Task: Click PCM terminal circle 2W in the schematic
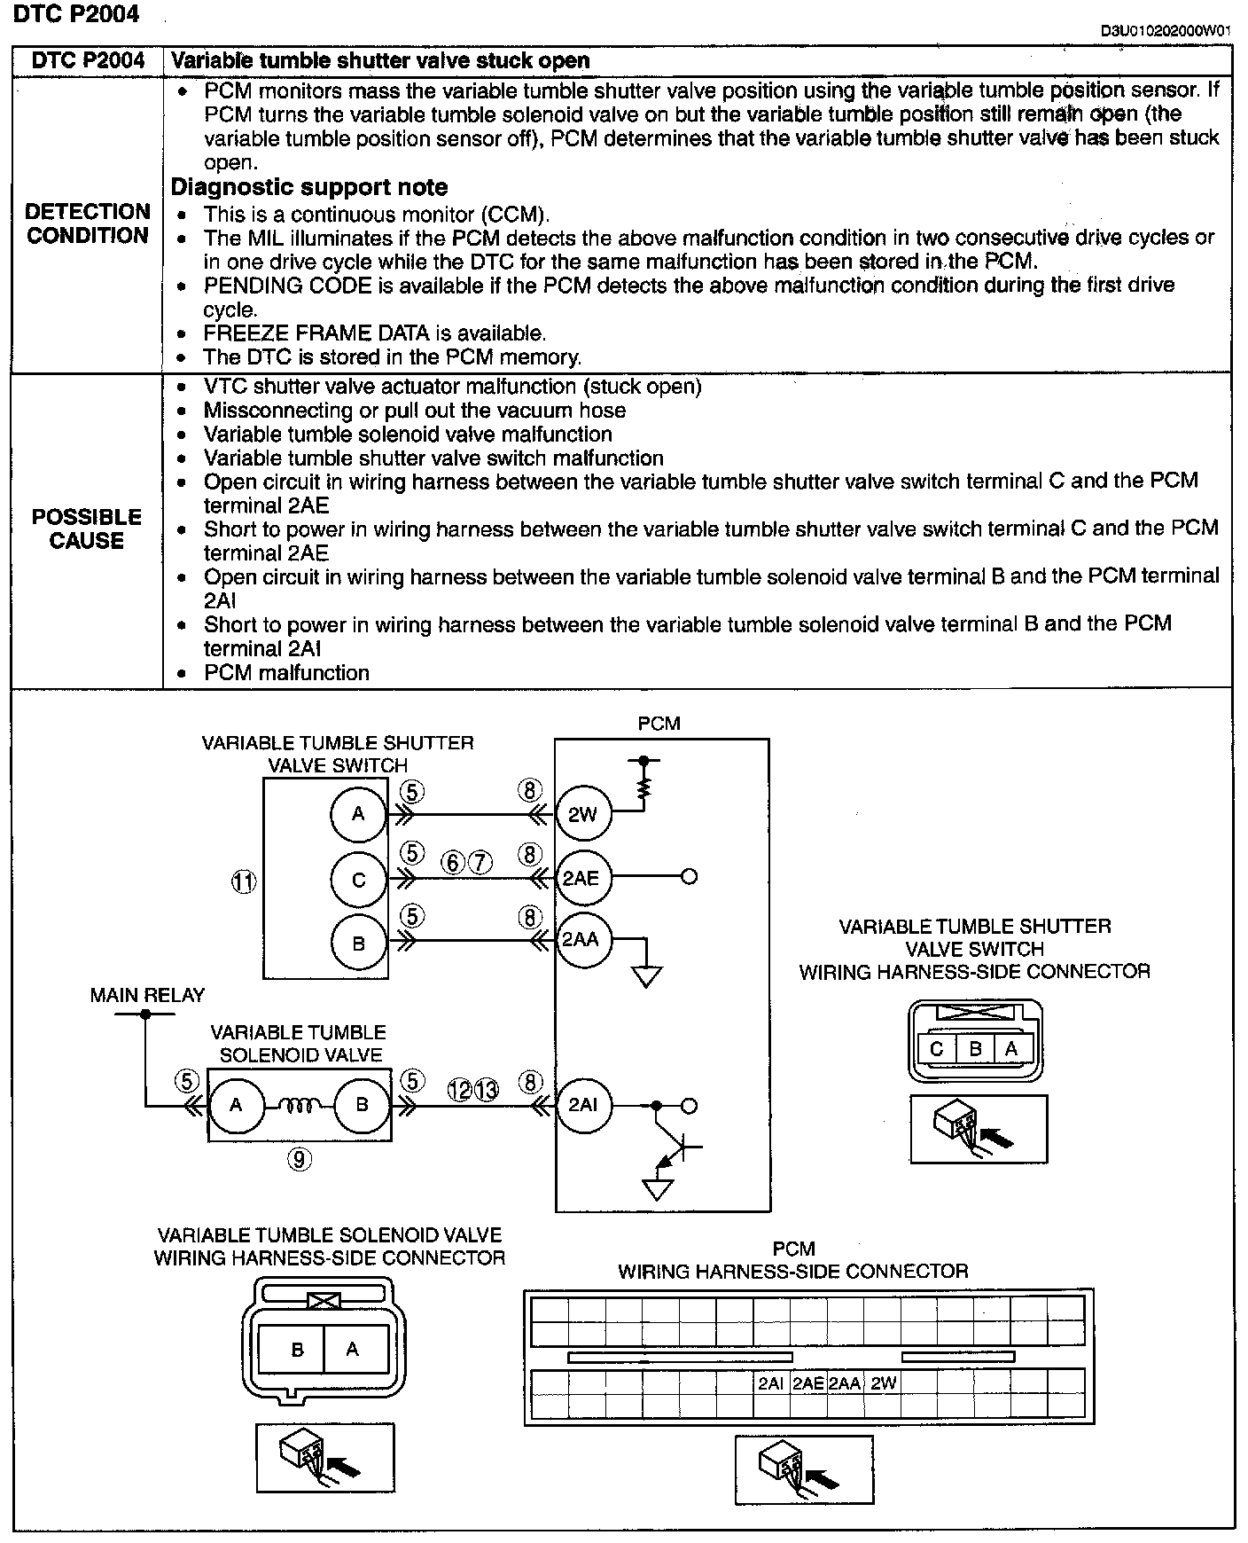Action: click(x=582, y=814)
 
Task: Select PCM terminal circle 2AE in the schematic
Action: click(x=581, y=878)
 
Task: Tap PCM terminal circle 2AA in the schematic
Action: click(x=581, y=940)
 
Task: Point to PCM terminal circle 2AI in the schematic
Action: click(x=582, y=1105)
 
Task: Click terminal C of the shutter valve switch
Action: click(x=358, y=880)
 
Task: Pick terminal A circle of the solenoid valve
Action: click(x=236, y=1105)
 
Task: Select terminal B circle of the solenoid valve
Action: click(x=362, y=1105)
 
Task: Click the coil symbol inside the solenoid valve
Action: click(x=299, y=1105)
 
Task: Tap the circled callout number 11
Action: click(x=244, y=881)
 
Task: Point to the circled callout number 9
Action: click(x=300, y=1158)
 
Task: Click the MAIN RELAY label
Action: click(x=147, y=995)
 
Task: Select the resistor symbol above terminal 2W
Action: click(x=644, y=786)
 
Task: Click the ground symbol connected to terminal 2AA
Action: click(x=646, y=976)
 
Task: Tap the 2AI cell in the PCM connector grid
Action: click(x=770, y=1383)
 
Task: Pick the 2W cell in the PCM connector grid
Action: click(x=883, y=1383)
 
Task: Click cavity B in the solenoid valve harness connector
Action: click(x=297, y=1350)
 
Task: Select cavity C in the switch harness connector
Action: click(x=936, y=1049)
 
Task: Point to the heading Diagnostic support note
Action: click(x=308, y=187)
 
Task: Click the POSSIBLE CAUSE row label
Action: click(x=87, y=529)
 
